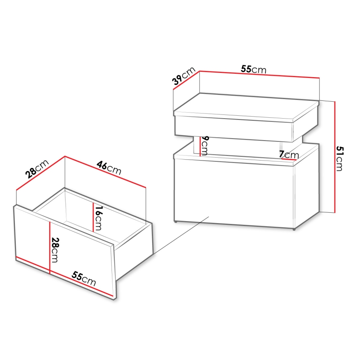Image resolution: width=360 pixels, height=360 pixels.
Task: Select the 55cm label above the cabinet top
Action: pos(253,70)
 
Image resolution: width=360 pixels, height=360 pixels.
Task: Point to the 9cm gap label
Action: pos(204,145)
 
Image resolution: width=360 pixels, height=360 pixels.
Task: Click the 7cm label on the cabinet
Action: pos(289,153)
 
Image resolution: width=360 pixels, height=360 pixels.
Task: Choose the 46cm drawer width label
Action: pos(108,167)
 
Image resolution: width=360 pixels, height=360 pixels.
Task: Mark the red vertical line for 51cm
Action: pos(334,157)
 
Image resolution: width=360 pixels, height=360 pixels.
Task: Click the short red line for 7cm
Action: pos(289,159)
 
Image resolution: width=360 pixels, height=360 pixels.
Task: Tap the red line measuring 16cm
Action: pos(92,217)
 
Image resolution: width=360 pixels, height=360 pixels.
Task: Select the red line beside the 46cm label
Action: pos(106,172)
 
